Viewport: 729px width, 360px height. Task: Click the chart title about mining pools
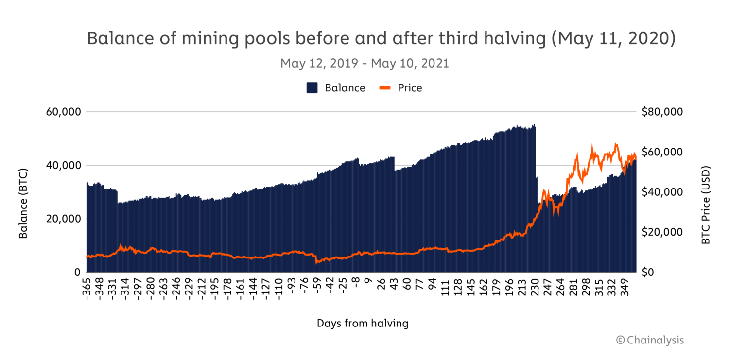click(381, 39)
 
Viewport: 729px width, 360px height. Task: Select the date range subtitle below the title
click(364, 64)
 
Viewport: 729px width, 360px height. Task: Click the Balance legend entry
click(336, 88)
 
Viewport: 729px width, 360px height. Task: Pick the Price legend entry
click(401, 88)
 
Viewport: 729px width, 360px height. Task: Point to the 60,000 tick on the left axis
click(62, 112)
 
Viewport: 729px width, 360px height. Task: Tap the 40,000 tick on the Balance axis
click(62, 166)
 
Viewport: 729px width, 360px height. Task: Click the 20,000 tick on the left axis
click(62, 219)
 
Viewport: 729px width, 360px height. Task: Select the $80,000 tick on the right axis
click(662, 112)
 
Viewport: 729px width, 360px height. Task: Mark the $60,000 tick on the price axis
click(662, 152)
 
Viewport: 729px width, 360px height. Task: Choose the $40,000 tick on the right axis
click(662, 192)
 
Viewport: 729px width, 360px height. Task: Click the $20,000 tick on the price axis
click(662, 232)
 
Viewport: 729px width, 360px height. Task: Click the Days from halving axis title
click(363, 323)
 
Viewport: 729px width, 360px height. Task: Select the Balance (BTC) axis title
click(23, 203)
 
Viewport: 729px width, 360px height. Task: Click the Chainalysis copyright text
click(650, 340)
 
